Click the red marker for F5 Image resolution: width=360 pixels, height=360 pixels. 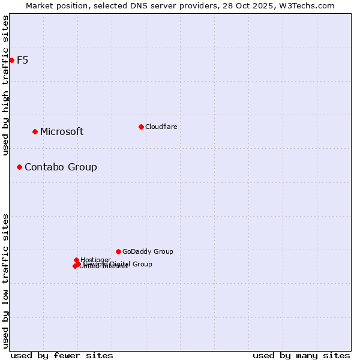11,60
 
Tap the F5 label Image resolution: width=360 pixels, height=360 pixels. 22,60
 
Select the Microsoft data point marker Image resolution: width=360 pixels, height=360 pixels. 35,131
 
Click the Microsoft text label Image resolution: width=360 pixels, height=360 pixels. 62,132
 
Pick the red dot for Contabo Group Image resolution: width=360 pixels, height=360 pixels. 19,167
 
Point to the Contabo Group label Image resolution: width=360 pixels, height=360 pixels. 61,167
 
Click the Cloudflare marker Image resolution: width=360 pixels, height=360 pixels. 141,127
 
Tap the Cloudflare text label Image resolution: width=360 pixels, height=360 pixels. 161,127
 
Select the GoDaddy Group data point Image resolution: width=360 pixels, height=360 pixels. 118,251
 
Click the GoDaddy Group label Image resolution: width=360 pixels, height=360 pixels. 148,252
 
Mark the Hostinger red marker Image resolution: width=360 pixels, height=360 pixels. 76,260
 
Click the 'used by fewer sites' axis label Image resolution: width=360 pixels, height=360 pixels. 62,355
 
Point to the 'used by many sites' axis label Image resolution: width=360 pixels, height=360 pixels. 301,355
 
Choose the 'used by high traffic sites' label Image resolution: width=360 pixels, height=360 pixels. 5,85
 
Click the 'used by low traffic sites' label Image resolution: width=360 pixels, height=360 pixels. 5,281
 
